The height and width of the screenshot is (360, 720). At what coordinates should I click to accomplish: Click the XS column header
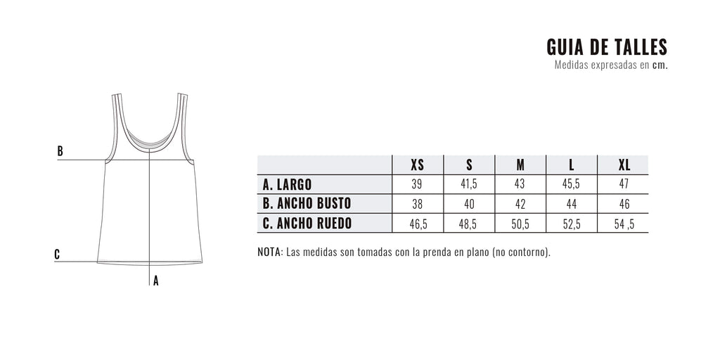[x=418, y=165]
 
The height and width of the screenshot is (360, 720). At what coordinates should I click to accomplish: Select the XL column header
[x=624, y=165]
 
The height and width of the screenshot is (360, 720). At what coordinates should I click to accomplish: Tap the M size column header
[x=520, y=165]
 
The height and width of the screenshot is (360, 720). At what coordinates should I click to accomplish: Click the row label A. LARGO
[x=287, y=185]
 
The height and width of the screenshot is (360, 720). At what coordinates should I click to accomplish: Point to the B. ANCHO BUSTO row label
[x=307, y=203]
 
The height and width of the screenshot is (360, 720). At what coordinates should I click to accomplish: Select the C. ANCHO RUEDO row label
[x=307, y=223]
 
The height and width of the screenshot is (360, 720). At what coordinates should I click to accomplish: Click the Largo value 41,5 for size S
[x=469, y=184]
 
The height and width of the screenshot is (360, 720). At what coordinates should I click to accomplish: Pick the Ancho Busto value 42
[x=520, y=204]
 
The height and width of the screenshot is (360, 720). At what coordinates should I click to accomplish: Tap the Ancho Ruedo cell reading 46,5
[x=418, y=224]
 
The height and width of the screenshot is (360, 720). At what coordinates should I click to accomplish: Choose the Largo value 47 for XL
[x=623, y=184]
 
